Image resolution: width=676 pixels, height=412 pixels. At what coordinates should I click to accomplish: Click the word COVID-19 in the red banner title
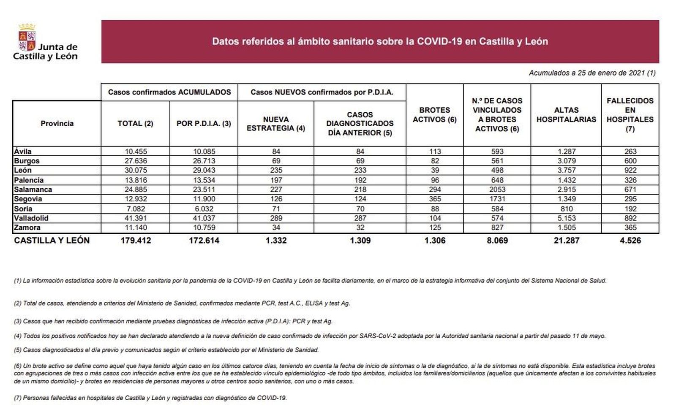(x=439, y=41)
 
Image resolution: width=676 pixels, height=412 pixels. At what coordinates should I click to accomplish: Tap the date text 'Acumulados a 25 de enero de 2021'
(x=591, y=73)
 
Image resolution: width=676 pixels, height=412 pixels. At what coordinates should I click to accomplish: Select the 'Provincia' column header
(x=57, y=123)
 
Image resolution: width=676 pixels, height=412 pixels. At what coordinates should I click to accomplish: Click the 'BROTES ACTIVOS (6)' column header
(x=434, y=114)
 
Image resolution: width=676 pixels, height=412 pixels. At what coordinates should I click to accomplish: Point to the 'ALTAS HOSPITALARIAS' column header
(x=566, y=114)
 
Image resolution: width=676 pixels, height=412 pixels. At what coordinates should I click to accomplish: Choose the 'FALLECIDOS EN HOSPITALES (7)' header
(x=630, y=114)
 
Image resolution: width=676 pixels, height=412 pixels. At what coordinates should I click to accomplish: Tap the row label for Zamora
(x=27, y=228)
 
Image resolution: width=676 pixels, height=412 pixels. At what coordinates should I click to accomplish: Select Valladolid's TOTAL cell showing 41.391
(x=135, y=218)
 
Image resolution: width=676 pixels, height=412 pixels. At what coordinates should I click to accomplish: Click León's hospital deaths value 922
(x=630, y=170)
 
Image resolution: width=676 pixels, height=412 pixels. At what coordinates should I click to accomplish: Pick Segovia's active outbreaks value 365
(x=435, y=199)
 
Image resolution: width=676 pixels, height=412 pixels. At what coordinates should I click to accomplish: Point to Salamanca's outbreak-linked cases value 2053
(x=497, y=190)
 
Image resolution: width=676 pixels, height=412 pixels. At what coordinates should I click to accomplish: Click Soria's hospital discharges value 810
(x=566, y=209)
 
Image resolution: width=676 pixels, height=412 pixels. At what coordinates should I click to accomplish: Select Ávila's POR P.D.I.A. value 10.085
(x=204, y=151)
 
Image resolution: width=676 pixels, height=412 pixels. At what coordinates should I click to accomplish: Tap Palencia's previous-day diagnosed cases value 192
(x=360, y=180)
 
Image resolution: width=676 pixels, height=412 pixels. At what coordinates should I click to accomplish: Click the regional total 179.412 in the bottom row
(x=135, y=240)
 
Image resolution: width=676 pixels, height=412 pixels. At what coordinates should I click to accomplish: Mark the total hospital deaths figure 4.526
(x=630, y=240)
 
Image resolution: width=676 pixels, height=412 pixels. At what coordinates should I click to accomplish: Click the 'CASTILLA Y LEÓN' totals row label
(x=52, y=240)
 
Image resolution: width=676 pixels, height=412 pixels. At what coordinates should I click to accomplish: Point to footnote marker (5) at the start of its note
(x=18, y=350)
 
